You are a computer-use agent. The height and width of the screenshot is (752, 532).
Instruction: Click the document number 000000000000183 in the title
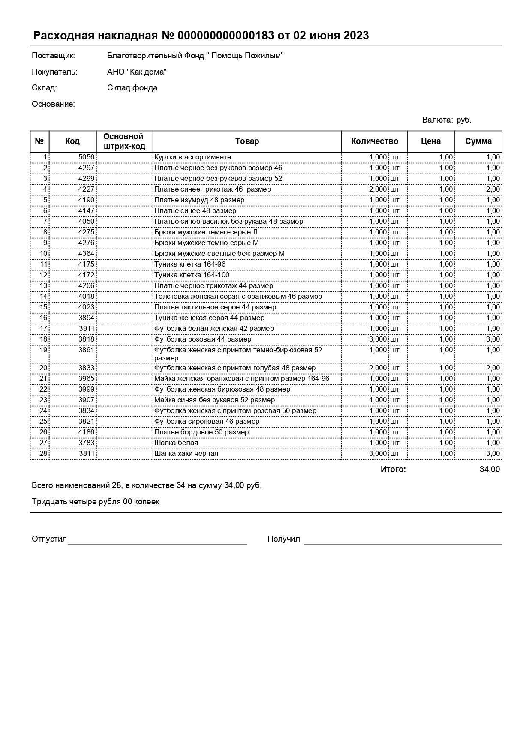point(225,36)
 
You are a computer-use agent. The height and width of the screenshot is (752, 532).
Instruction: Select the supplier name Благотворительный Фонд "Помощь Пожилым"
point(195,56)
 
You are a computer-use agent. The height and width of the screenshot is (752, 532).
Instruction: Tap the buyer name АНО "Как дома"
point(137,72)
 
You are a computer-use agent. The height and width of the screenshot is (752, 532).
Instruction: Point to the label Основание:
point(53,104)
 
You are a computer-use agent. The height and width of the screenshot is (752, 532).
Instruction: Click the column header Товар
point(247,141)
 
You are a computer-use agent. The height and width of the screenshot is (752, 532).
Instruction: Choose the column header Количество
point(374,141)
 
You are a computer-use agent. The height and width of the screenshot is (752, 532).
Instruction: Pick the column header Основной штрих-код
point(124,141)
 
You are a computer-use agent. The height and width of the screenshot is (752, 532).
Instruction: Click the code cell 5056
point(86,157)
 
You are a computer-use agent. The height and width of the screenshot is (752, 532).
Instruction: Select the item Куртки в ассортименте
point(192,157)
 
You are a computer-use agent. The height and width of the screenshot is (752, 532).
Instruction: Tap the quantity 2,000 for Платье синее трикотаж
point(378,189)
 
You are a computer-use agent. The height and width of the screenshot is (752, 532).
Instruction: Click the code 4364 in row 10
point(86,254)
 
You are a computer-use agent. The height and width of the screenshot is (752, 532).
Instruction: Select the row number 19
point(43,350)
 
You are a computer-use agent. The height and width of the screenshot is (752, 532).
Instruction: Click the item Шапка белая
point(176,443)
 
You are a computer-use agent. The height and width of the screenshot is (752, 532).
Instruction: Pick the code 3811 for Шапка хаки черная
point(86,454)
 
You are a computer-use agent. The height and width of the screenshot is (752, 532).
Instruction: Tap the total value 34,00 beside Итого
point(490,470)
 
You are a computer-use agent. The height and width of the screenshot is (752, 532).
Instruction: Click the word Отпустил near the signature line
point(49,539)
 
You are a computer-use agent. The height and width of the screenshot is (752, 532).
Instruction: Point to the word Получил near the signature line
point(283,539)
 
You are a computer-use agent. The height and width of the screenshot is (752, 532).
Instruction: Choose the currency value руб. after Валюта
point(464,120)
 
